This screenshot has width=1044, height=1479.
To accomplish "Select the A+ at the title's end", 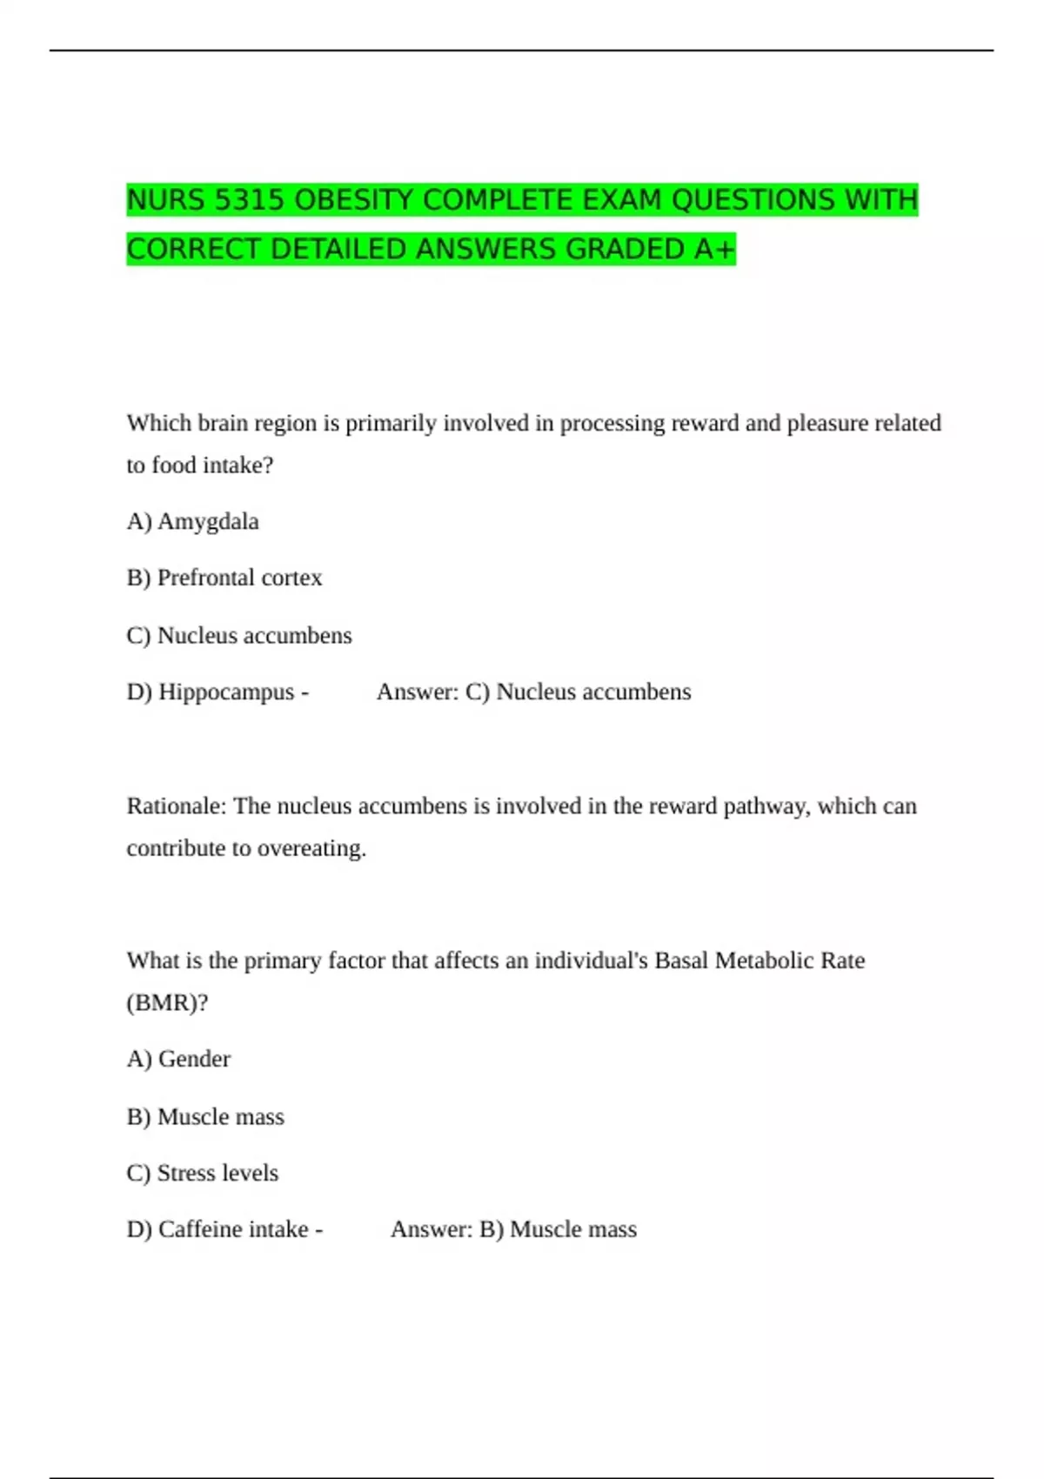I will click(x=715, y=250).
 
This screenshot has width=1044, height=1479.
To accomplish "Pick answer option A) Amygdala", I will click(x=193, y=521).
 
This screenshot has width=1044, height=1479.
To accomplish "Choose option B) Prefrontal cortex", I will click(x=224, y=578).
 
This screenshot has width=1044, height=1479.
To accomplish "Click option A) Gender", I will click(x=178, y=1059).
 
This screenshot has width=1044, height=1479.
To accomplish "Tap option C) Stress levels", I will click(x=203, y=1173).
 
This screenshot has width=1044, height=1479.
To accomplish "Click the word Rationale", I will click(x=176, y=806).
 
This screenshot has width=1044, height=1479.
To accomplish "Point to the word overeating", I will click(x=315, y=848).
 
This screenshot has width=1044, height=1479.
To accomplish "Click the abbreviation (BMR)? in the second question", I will click(x=167, y=1002).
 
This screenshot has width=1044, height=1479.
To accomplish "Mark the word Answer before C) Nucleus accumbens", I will click(x=417, y=692).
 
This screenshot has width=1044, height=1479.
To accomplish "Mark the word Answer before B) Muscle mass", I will click(x=431, y=1229).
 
